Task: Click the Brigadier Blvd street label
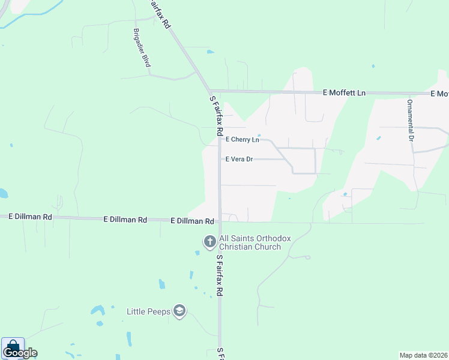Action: (142, 47)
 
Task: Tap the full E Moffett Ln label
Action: (344, 93)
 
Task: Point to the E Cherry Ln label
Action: (243, 140)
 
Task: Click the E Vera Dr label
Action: (240, 160)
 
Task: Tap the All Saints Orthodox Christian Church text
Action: (255, 242)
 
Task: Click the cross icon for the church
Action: (209, 242)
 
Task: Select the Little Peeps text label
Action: (149, 311)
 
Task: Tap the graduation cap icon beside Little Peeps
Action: (179, 311)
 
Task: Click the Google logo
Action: (20, 353)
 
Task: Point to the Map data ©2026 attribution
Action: (423, 355)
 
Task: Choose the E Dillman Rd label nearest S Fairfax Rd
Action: (192, 221)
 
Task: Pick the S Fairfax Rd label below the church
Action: (220, 275)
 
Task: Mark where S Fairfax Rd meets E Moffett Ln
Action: (211, 91)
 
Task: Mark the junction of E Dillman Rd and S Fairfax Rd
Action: (220, 221)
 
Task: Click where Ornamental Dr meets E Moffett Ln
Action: (411, 94)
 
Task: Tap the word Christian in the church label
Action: (236, 247)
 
